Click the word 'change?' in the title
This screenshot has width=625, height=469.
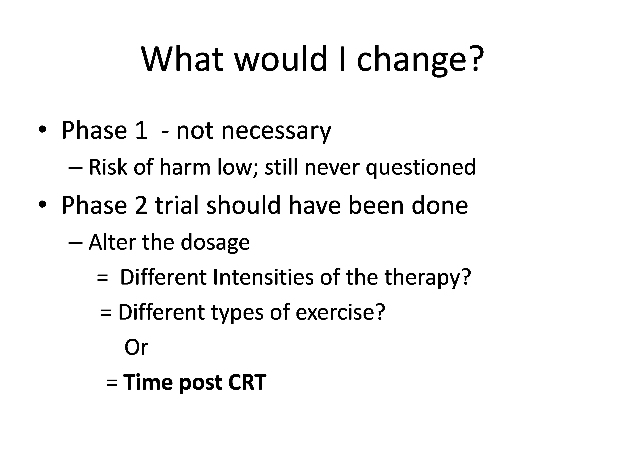pos(420,60)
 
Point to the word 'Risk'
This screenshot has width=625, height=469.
pos(108,167)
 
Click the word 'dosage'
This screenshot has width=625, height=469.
pos(215,243)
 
